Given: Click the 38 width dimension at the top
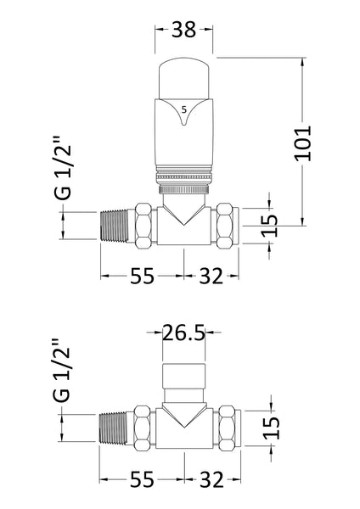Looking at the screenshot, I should tap(182, 31).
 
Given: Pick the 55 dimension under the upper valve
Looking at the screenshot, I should tap(143, 277).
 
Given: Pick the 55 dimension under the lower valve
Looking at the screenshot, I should tap(143, 480).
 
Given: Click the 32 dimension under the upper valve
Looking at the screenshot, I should tap(211, 277).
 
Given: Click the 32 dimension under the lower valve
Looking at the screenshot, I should tap(211, 480).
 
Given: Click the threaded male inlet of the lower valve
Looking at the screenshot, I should tap(117, 428).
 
